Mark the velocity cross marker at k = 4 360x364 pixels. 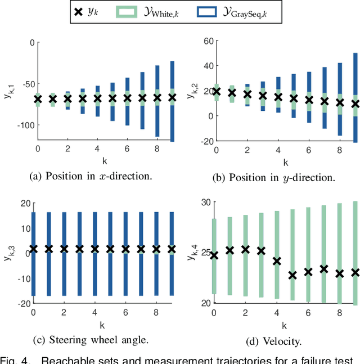[x=277, y=261]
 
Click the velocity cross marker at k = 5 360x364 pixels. [x=292, y=275]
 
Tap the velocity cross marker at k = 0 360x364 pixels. [x=214, y=255]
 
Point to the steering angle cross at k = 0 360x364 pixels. [x=34, y=249]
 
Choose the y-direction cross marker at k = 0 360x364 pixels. [x=217, y=91]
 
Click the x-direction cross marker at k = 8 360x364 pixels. [x=157, y=98]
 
